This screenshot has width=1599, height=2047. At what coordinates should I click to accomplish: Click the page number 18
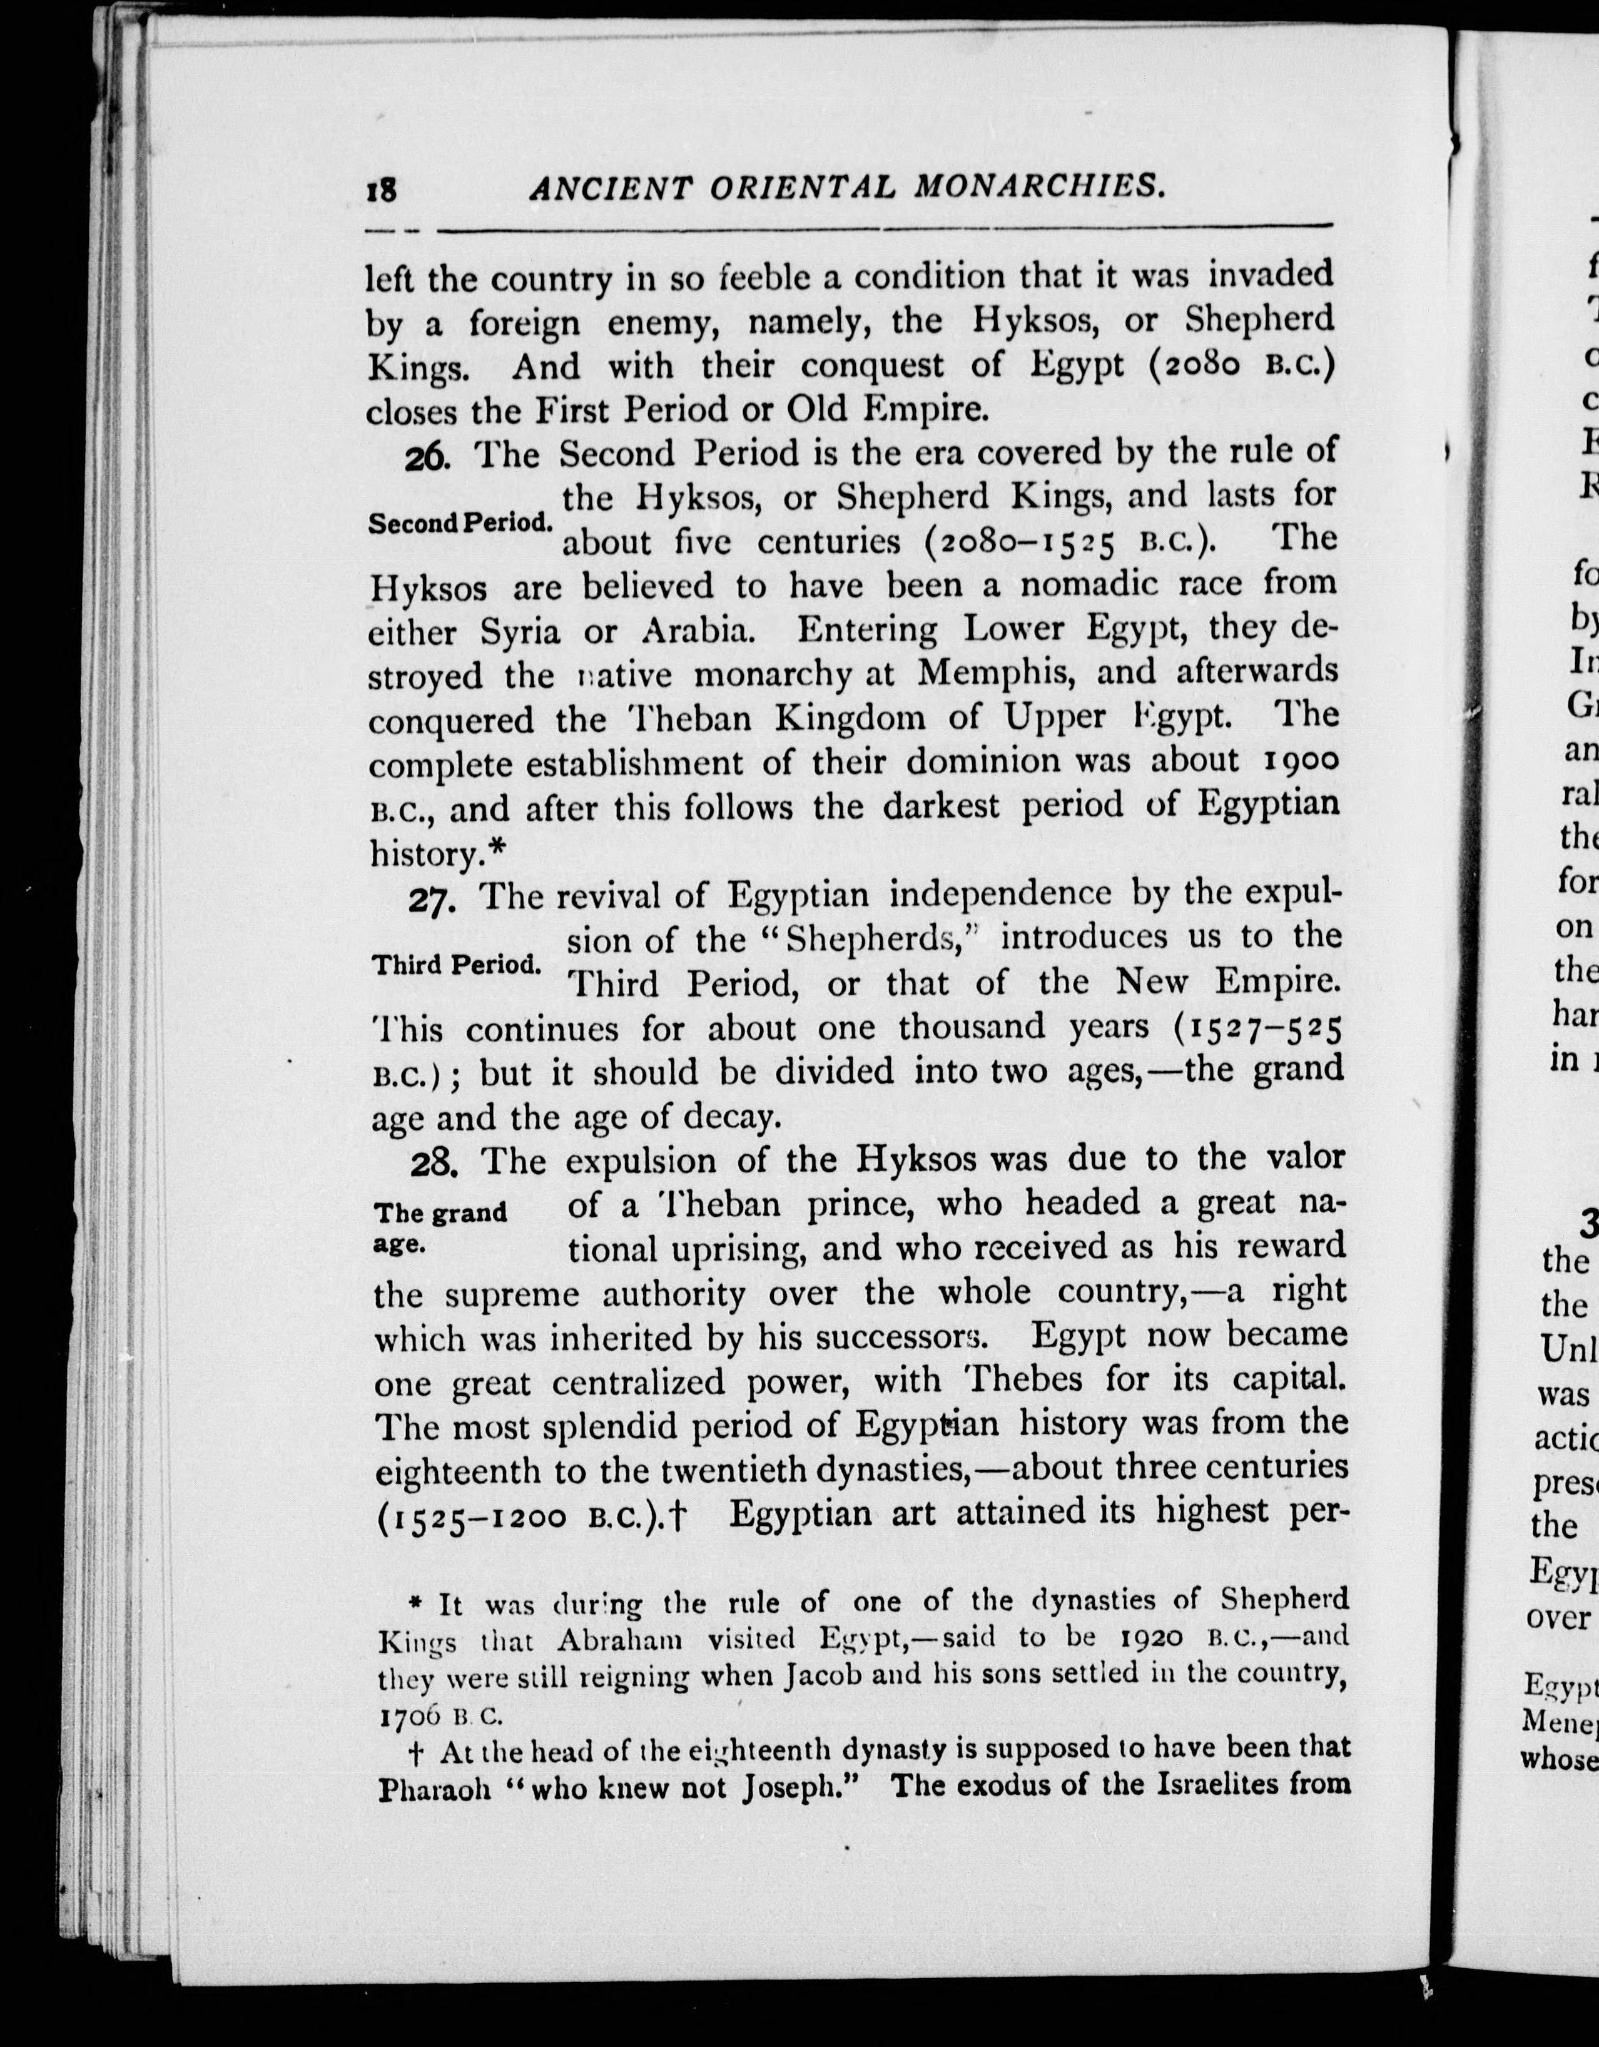pyautogui.click(x=382, y=191)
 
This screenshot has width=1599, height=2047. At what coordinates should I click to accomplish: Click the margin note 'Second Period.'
pyautogui.click(x=459, y=523)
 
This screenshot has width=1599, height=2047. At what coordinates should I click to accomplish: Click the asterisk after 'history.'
pyautogui.click(x=496, y=848)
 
